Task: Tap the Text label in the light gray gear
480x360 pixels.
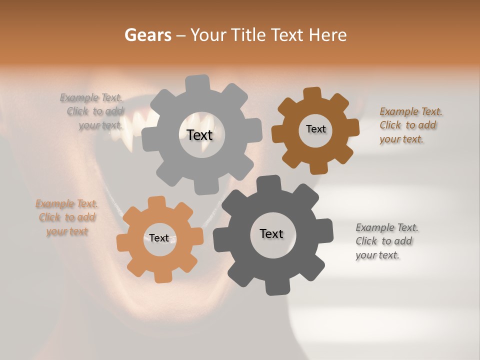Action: pyautogui.click(x=199, y=135)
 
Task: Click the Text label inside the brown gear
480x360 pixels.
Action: pyautogui.click(x=315, y=129)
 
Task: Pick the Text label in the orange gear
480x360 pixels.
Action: pyautogui.click(x=159, y=238)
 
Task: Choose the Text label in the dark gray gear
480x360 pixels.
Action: pyautogui.click(x=271, y=233)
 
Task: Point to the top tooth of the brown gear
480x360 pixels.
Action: pyautogui.click(x=312, y=94)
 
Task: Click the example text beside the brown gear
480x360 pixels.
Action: pyautogui.click(x=410, y=125)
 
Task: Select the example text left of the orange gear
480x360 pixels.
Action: pyautogui.click(x=66, y=217)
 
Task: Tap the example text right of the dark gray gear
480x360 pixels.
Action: pyautogui.click(x=386, y=241)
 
